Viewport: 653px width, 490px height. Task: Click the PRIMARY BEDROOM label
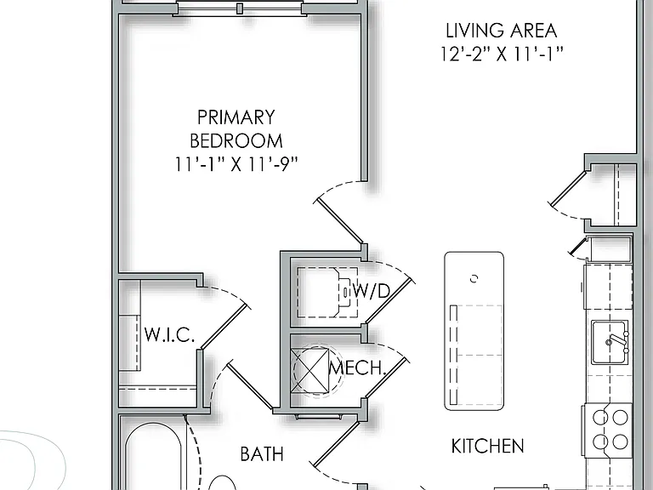tap(236, 128)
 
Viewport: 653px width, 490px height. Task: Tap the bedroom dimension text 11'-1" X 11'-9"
tap(236, 164)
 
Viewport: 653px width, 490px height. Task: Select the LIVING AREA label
tap(502, 31)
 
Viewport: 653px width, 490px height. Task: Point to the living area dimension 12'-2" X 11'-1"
tap(502, 54)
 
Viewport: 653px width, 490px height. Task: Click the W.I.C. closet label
tap(169, 334)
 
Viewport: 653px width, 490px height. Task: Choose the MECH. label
tap(357, 367)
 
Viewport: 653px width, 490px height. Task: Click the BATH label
tap(262, 453)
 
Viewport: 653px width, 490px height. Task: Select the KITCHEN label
tap(488, 447)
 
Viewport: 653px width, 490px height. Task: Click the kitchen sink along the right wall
tap(610, 343)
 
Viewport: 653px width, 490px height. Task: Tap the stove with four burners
tap(609, 429)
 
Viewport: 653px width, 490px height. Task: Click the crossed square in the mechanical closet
tap(310, 370)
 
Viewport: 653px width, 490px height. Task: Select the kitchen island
tap(474, 331)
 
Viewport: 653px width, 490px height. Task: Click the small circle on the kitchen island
tap(474, 279)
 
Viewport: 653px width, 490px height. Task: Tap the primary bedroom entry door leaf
tap(341, 222)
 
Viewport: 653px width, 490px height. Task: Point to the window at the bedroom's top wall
tap(240, 9)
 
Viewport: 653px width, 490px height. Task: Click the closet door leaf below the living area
tap(569, 188)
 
